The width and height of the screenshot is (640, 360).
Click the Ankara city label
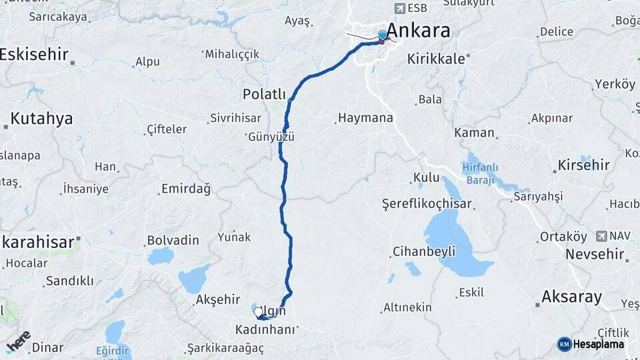click(x=418, y=30)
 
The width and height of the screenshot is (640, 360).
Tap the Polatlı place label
click(x=264, y=95)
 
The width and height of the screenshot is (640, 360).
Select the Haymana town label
click(x=365, y=118)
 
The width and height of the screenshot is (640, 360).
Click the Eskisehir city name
click(x=34, y=55)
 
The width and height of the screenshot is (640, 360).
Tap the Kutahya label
click(x=41, y=119)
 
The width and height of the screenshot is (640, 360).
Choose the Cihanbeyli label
click(x=424, y=251)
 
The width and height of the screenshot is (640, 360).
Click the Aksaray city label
click(x=572, y=297)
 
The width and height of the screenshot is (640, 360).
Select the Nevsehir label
click(x=595, y=254)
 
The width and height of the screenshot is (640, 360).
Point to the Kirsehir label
click(x=584, y=165)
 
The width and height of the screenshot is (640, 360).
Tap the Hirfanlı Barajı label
click(x=479, y=173)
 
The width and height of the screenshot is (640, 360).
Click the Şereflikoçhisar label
click(x=427, y=203)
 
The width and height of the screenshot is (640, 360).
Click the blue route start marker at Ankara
click(x=383, y=35)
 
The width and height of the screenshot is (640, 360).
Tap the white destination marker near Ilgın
click(x=258, y=311)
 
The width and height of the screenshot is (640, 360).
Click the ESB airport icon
click(x=399, y=8)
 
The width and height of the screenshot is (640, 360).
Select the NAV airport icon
click(x=603, y=235)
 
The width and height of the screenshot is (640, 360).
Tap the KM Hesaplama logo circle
click(x=564, y=344)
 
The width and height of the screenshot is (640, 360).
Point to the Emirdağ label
click(x=186, y=189)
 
